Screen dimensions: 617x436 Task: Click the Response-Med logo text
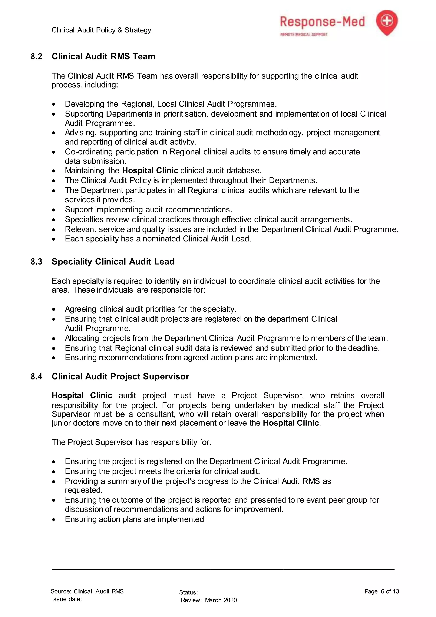coord(322,22)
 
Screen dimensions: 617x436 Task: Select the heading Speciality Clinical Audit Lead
coord(113,261)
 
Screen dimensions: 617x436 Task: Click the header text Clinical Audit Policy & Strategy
coord(101,30)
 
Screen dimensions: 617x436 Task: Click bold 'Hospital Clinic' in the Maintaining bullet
coord(150,171)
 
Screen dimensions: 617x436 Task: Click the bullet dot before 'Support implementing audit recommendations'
coord(54,210)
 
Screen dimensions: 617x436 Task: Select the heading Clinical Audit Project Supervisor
coord(120,376)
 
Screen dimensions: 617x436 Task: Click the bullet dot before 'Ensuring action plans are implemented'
coord(54,519)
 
